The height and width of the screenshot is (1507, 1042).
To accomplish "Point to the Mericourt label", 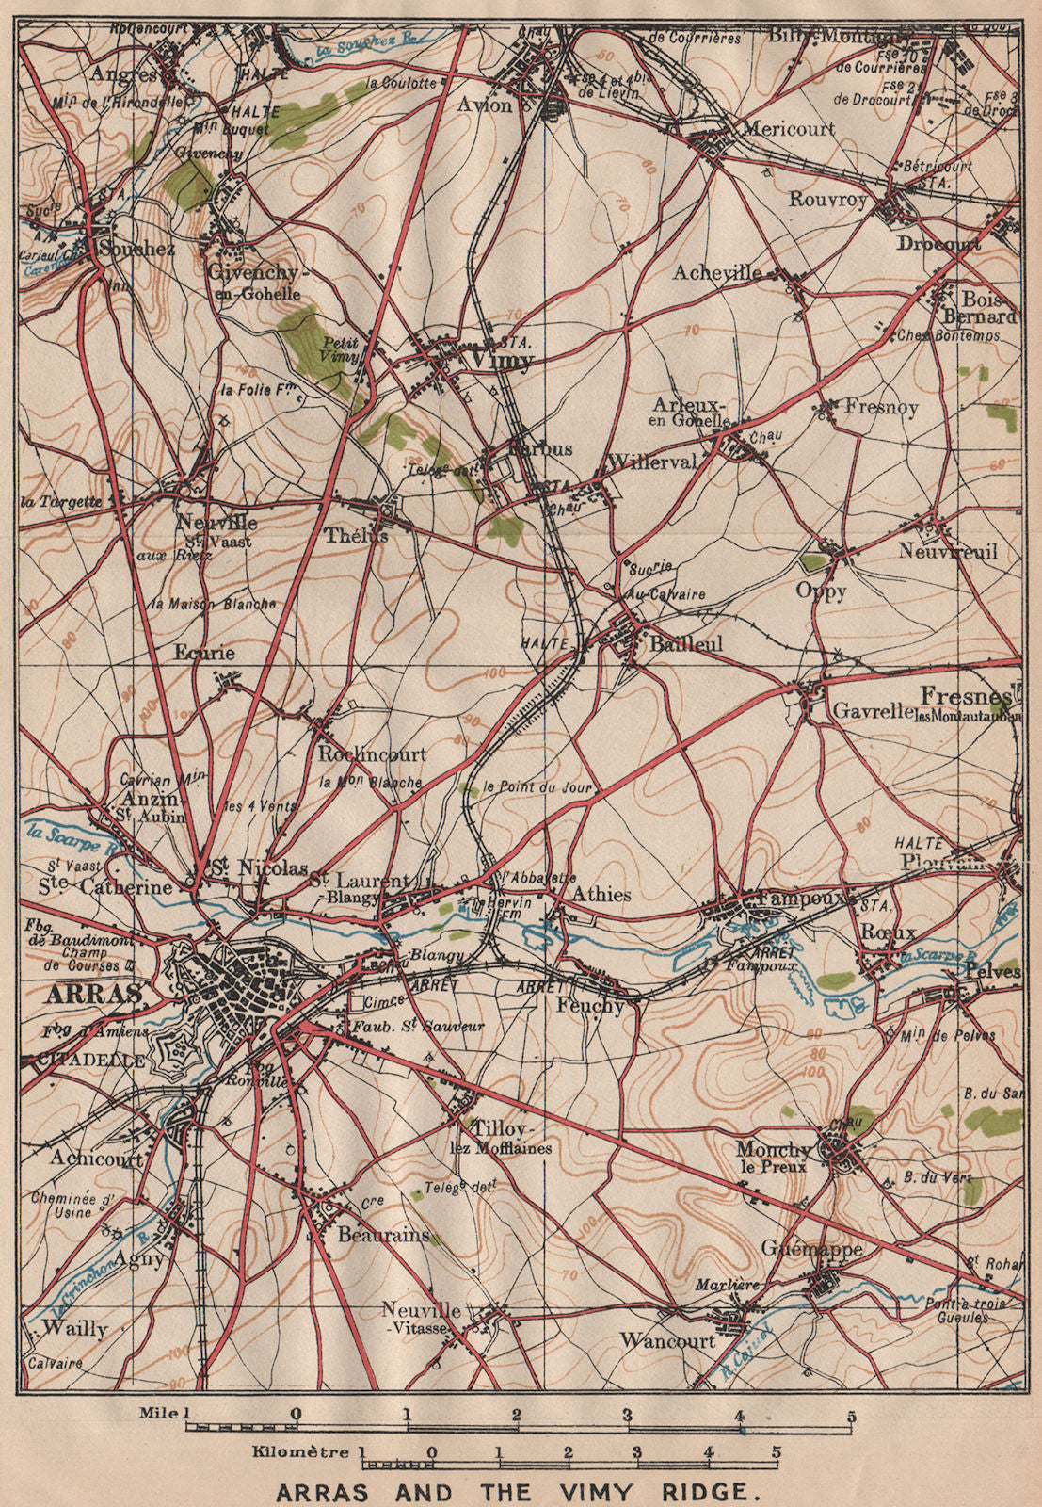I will click(789, 130).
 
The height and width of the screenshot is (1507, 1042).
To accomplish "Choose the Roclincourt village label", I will click(372, 754).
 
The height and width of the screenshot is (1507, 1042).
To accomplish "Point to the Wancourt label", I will click(667, 1340).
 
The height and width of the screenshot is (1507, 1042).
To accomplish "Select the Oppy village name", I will click(821, 592).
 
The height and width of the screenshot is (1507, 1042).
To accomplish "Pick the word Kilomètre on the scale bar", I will click(303, 1452).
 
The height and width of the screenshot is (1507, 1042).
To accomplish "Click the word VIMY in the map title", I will click(606, 1492).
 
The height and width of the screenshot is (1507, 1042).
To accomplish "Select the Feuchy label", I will click(590, 1006).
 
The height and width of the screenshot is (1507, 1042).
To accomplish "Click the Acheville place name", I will click(717, 273).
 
